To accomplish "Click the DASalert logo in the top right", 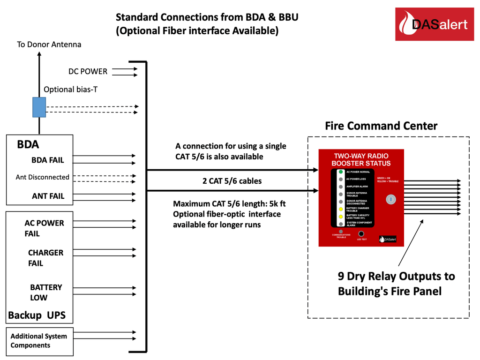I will tap(435, 25).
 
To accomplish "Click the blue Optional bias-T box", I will tap(39, 107).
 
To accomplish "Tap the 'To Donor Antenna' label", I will tap(49, 45).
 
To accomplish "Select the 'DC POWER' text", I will tap(88, 72).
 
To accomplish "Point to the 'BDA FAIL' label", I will tap(48, 160).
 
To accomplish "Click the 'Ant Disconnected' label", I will tap(42, 177).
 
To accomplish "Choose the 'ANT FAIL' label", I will tap(48, 196).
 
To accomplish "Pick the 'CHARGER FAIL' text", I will tap(45, 258).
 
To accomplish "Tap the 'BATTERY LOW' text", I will tap(45, 292).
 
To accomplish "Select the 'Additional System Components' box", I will tap(39, 341).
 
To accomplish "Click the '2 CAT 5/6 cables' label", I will tap(232, 181).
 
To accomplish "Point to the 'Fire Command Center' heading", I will tap(381, 126).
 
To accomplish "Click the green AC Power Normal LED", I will tap(340, 172).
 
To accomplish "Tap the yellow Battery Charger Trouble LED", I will tap(340, 209).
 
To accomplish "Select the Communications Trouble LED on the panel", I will tap(341, 232).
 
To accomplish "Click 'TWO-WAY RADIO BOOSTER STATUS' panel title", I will tap(360, 159).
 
